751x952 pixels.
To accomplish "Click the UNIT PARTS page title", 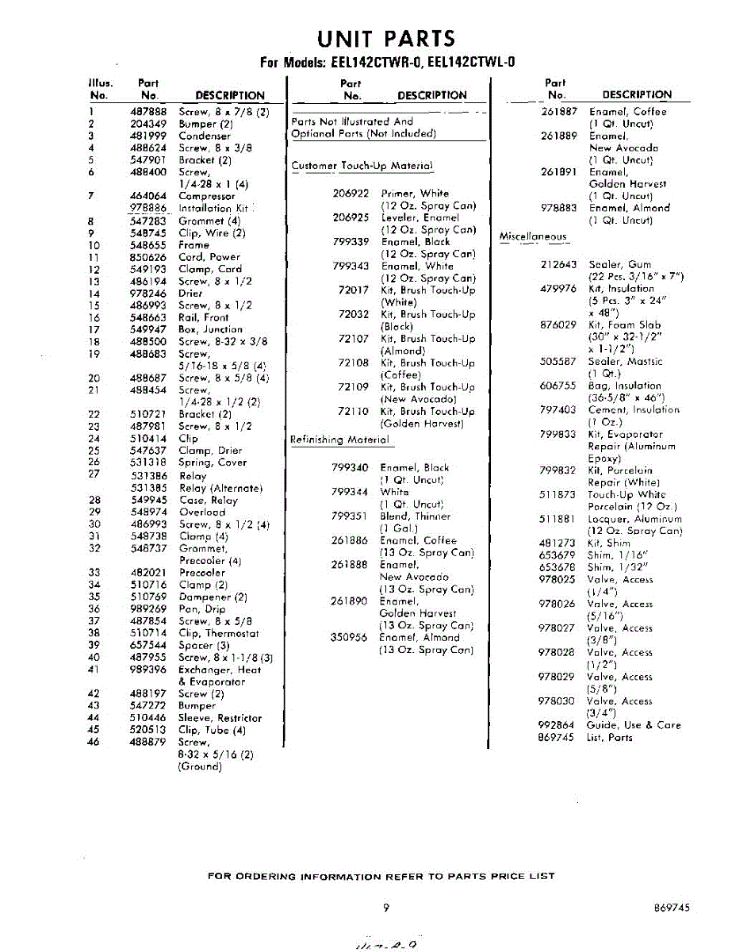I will pyautogui.click(x=386, y=38).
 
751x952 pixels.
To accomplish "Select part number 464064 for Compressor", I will pyautogui.click(x=148, y=196).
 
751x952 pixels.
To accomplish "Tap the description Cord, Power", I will pyautogui.click(x=209, y=257).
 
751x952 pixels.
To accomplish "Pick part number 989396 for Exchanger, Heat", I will pyautogui.click(x=148, y=670).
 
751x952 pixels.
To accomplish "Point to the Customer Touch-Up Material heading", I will pyautogui.click(x=362, y=166).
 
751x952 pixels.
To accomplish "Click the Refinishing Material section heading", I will pyautogui.click(x=339, y=440).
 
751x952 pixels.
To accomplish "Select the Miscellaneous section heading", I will pyautogui.click(x=533, y=236).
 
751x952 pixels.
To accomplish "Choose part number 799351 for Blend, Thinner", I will pyautogui.click(x=349, y=516).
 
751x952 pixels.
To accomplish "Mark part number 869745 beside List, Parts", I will pyautogui.click(x=556, y=737).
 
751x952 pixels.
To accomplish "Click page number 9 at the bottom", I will pyautogui.click(x=385, y=908).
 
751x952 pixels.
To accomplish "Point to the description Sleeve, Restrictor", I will pyautogui.click(x=220, y=718).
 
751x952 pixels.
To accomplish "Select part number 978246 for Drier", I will pyautogui.click(x=148, y=294).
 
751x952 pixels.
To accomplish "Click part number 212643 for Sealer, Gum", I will pyautogui.click(x=558, y=264).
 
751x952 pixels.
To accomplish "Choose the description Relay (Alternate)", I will pyautogui.click(x=220, y=488).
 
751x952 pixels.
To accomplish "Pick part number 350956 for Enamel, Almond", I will pyautogui.click(x=349, y=637).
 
